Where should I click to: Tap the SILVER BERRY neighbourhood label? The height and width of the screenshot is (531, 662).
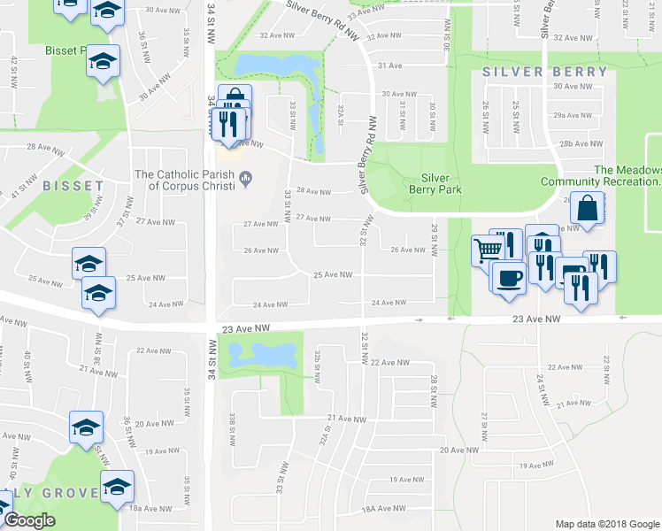(545, 72)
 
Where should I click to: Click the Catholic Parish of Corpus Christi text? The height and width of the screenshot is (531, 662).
(184, 181)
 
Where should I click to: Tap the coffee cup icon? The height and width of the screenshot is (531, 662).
(508, 277)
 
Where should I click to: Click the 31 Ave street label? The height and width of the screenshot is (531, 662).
(389, 65)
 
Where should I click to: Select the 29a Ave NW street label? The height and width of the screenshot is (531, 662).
(572, 115)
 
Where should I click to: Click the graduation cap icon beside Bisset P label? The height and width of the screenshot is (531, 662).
(103, 61)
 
